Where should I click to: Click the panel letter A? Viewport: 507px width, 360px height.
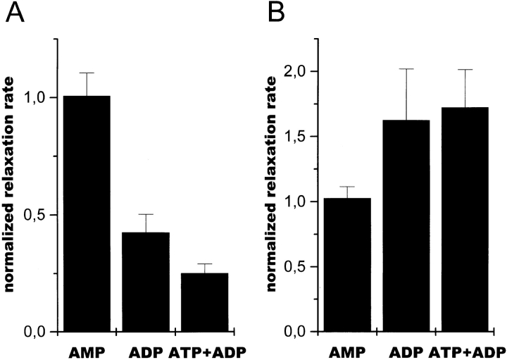[15, 14]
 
